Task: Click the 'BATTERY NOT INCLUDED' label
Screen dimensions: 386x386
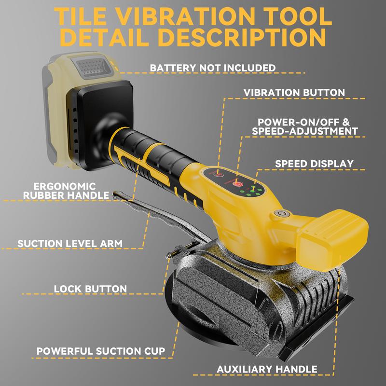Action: pyautogui.click(x=213, y=68)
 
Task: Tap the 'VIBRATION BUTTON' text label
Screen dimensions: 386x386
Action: pyautogui.click(x=294, y=93)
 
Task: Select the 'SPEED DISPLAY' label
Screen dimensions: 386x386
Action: pyautogui.click(x=314, y=164)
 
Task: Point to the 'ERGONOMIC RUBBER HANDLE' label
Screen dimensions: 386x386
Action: pyautogui.click(x=66, y=191)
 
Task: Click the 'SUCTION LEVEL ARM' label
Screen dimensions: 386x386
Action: pyautogui.click(x=70, y=244)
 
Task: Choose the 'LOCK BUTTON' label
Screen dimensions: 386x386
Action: pyautogui.click(x=90, y=289)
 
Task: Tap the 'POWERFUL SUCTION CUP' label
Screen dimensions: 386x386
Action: pyautogui.click(x=101, y=351)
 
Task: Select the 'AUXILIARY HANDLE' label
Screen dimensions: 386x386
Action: pyautogui.click(x=267, y=369)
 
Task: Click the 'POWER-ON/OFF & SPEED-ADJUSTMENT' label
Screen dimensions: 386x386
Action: pyautogui.click(x=304, y=126)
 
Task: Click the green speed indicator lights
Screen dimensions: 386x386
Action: pyautogui.click(x=250, y=191)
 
